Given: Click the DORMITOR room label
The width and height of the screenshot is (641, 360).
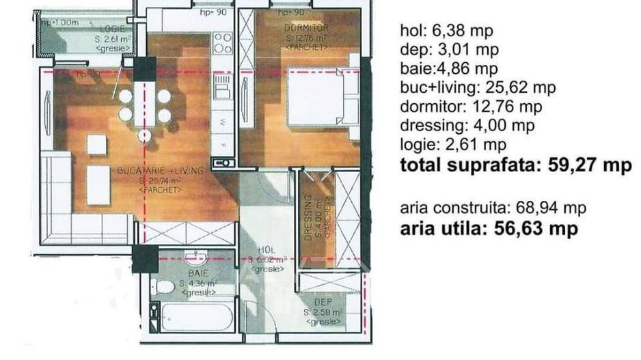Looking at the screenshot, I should click(x=306, y=28).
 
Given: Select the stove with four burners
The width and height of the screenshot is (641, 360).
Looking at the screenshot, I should click(x=222, y=44).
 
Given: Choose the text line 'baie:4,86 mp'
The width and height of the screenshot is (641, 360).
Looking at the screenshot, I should click(x=449, y=68).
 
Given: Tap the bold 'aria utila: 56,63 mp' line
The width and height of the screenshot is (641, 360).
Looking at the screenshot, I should click(x=489, y=228).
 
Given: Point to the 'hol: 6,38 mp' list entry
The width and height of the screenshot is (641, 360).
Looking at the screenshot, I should click(x=446, y=31).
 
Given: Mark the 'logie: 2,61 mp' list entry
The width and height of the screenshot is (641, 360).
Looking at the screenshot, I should click(x=453, y=144).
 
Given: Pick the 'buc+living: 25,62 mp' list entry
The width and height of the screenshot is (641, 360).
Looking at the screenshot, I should click(x=478, y=87).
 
